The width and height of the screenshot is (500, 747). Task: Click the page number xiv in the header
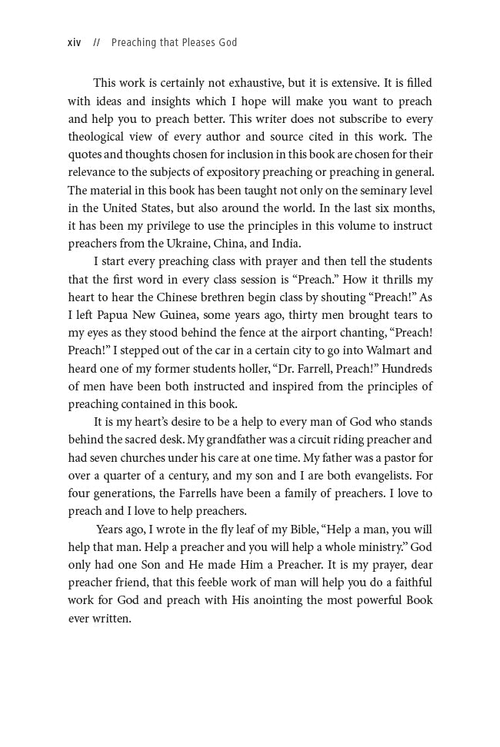(x=75, y=43)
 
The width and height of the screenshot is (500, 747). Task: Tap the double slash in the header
(x=96, y=43)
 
